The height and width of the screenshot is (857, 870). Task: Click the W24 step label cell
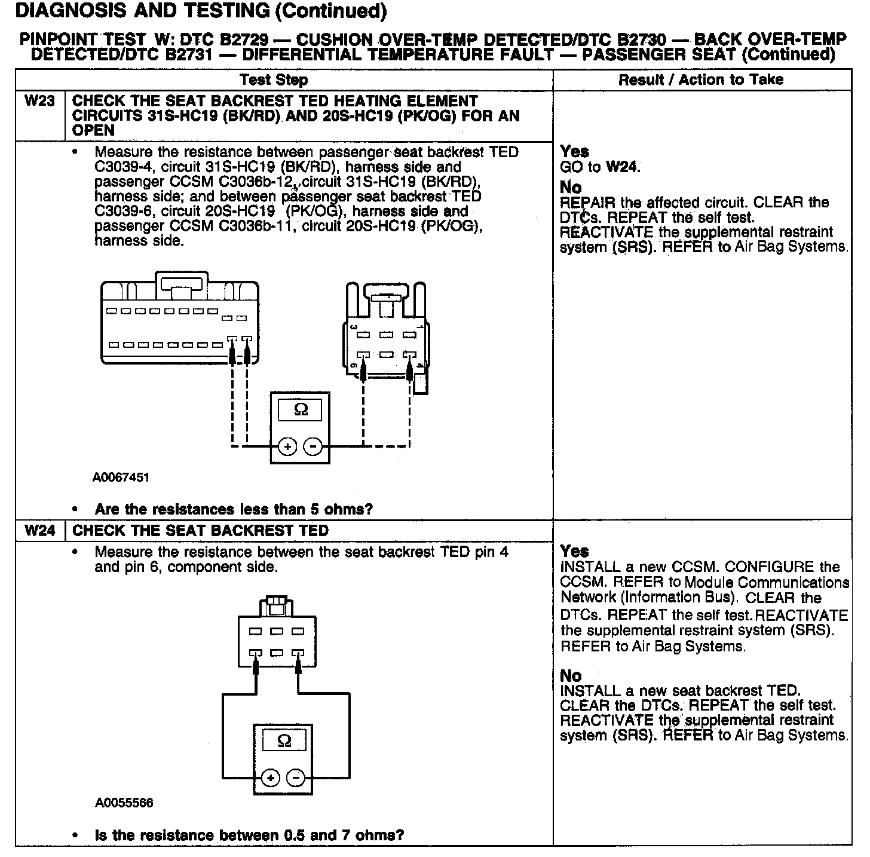coord(39,531)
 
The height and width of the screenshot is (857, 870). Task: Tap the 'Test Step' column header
coord(274,80)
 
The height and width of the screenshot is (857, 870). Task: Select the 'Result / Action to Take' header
coord(701,79)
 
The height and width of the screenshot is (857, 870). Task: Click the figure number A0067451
coord(121,478)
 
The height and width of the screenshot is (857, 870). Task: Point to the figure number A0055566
coord(124,803)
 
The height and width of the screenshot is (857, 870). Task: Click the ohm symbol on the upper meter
coord(301,410)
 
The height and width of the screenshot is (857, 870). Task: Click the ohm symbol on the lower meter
coord(284,742)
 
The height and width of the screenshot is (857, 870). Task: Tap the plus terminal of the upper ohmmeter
coord(287,446)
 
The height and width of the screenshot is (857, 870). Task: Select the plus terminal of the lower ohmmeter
coord(271,778)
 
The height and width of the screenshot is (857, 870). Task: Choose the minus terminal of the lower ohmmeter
coord(296,778)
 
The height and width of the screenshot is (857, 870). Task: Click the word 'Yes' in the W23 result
coord(574,152)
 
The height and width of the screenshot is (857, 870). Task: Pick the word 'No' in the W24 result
coord(571,676)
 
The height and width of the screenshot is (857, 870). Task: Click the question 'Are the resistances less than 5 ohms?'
coord(234,509)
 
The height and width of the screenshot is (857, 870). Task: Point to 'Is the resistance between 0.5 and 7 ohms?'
coord(249,835)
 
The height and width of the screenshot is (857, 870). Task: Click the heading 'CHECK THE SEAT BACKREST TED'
coord(200,531)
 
